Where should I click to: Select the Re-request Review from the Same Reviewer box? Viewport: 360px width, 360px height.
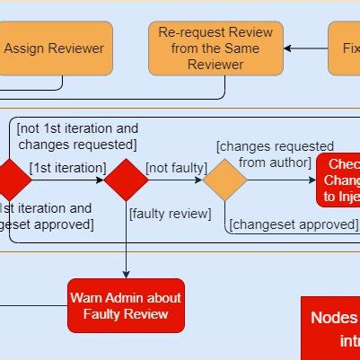(215, 48)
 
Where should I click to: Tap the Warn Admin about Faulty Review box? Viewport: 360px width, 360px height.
(126, 306)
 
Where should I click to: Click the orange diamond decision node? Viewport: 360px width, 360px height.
(224, 180)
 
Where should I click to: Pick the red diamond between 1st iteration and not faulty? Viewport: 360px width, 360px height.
(126, 180)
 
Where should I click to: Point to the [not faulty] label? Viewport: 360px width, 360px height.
(177, 167)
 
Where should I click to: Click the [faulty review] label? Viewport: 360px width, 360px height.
(170, 214)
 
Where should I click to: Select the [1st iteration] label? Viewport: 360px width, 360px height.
(67, 167)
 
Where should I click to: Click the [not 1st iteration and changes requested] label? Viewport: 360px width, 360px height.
(77, 136)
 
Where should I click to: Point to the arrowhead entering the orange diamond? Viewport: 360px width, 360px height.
(198, 180)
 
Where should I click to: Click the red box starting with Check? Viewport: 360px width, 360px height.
(338, 180)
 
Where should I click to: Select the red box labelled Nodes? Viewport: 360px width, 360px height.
(330, 328)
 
